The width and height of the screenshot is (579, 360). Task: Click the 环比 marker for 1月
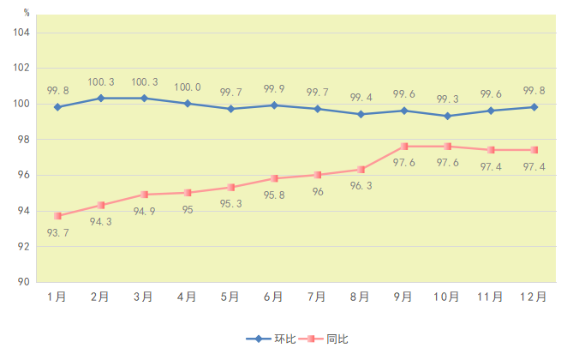click(x=57, y=107)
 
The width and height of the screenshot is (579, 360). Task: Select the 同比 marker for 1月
click(x=57, y=216)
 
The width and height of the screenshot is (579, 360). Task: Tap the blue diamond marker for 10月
click(x=447, y=116)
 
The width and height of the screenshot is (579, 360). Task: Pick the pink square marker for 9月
click(x=404, y=147)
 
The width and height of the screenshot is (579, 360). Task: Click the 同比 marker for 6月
click(x=274, y=178)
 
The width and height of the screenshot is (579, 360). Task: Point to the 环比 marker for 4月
click(x=188, y=104)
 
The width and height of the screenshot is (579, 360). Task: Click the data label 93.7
click(x=57, y=233)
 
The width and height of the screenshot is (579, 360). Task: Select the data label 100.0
click(x=188, y=87)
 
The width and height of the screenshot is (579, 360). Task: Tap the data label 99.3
click(x=447, y=99)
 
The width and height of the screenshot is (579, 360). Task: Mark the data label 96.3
click(x=361, y=186)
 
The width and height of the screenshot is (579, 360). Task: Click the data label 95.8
click(x=274, y=195)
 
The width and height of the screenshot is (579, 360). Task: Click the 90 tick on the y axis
click(x=23, y=282)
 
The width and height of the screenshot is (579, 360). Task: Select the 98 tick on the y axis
click(x=23, y=140)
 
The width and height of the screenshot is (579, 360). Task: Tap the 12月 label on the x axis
click(x=534, y=297)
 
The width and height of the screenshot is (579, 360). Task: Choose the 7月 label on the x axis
click(x=317, y=297)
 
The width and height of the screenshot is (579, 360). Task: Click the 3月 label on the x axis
click(x=144, y=297)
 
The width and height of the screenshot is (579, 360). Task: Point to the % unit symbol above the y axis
click(x=27, y=13)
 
